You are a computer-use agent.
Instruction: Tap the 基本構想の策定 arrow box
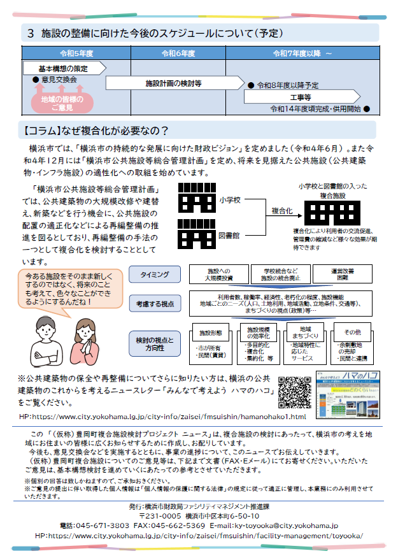click(x=63, y=68)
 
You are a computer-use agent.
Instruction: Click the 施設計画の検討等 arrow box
click(x=173, y=83)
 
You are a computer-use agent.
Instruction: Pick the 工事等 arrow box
click(x=299, y=97)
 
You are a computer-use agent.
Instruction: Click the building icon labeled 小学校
click(x=196, y=198)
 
